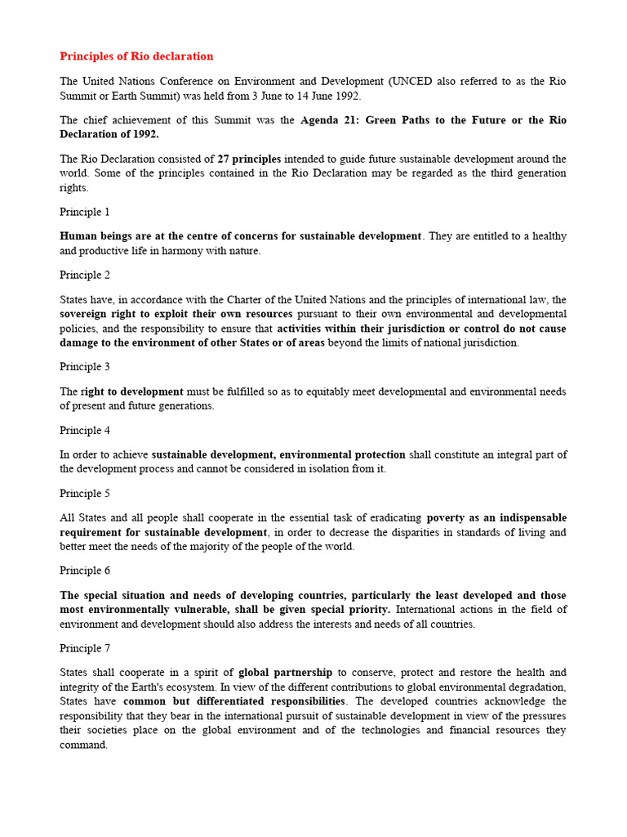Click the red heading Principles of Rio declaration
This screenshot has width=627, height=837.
coord(136,56)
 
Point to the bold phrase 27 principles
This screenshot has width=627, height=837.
coord(249,159)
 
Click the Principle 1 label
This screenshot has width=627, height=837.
coord(85,212)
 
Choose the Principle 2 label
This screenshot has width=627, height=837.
coord(85,275)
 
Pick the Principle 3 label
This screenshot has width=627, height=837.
coord(85,367)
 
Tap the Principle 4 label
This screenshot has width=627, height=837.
coord(85,430)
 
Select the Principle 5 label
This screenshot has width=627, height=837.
coord(85,494)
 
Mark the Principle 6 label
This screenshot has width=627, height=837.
coord(85,571)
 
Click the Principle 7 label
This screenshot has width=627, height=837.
coord(85,648)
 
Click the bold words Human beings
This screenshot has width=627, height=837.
coord(94,236)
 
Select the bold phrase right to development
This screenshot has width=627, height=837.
coord(132,392)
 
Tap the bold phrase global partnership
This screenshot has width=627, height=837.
coord(285,673)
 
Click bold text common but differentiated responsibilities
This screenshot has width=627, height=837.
coord(234,701)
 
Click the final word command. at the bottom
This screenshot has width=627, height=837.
coord(83,745)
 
